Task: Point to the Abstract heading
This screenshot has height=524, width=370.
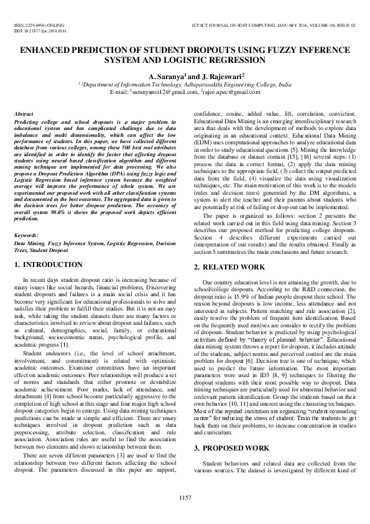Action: pos(24,115)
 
